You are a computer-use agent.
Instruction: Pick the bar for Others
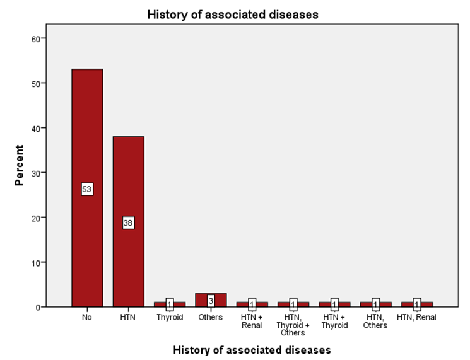point(211,296)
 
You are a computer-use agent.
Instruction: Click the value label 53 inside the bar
point(87,189)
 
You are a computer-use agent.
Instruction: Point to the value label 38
point(128,223)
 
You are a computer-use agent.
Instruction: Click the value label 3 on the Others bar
point(211,301)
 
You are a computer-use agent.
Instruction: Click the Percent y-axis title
point(19,166)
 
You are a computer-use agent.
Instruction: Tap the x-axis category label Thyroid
point(170,317)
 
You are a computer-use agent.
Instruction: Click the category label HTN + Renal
point(252,322)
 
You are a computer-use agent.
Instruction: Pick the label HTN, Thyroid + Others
point(293,325)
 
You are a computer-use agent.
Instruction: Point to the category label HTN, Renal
point(416,317)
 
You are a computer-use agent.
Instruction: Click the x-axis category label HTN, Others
point(375,322)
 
